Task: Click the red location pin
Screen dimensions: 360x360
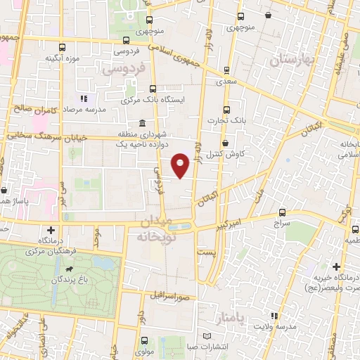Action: (x=181, y=165)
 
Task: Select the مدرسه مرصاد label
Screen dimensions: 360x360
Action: (x=81, y=111)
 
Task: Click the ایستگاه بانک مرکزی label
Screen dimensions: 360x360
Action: (x=152, y=100)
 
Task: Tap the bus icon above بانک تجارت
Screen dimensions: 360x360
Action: (x=226, y=109)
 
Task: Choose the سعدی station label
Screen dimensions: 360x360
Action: (x=226, y=82)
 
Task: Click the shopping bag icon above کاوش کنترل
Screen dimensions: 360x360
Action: (x=225, y=143)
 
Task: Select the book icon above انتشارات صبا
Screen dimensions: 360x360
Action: (x=206, y=335)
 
